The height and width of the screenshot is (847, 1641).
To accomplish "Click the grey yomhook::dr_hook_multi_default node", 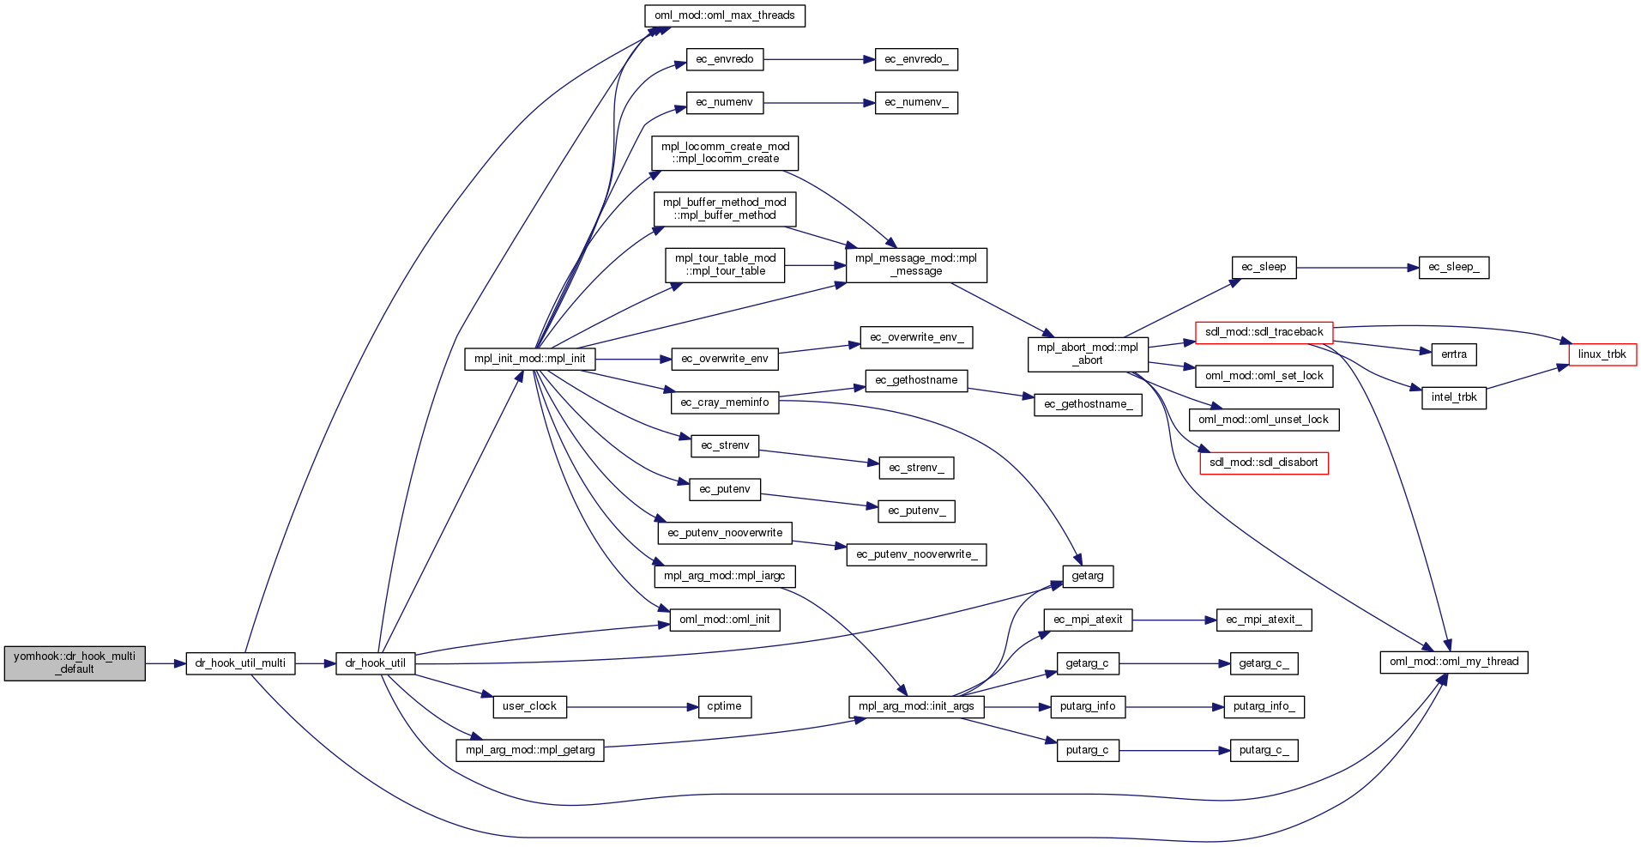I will [75, 663].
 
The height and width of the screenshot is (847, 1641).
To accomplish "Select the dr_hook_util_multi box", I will [240, 663].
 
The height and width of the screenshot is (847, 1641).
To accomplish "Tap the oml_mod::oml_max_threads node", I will [724, 15].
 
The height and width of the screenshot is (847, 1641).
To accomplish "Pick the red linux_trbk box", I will [1602, 354].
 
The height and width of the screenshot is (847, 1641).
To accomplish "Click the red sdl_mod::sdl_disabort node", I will [1264, 463].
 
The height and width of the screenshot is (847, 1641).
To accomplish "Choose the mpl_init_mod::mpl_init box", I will [529, 359].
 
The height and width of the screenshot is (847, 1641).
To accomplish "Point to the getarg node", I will [1087, 576].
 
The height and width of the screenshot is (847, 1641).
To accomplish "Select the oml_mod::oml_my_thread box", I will [1453, 662].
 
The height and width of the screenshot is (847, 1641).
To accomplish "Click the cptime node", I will [724, 706].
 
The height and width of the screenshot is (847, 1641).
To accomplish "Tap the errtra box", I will [1453, 354].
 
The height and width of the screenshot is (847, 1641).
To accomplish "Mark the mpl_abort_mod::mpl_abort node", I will [1087, 354].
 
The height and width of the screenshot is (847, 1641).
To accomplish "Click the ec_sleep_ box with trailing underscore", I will [1453, 268].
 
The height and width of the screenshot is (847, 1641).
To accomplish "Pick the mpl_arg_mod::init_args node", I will [915, 706].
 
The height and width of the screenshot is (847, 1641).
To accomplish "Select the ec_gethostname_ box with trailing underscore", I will [1088, 404].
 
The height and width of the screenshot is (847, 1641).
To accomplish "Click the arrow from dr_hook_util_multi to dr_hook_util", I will [315, 663].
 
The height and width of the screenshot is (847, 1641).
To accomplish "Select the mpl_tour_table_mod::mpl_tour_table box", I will [725, 265].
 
